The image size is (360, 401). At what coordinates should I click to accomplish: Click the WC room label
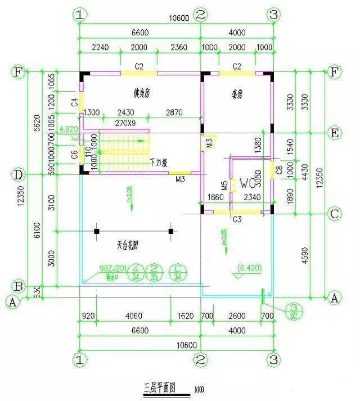pos(247,183)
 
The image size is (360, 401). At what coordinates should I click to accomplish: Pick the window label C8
pos(278,169)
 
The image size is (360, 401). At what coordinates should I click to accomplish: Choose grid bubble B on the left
pos(18,286)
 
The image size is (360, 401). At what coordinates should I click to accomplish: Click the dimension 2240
pos(100,48)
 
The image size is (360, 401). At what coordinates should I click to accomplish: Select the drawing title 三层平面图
pos(160,388)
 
